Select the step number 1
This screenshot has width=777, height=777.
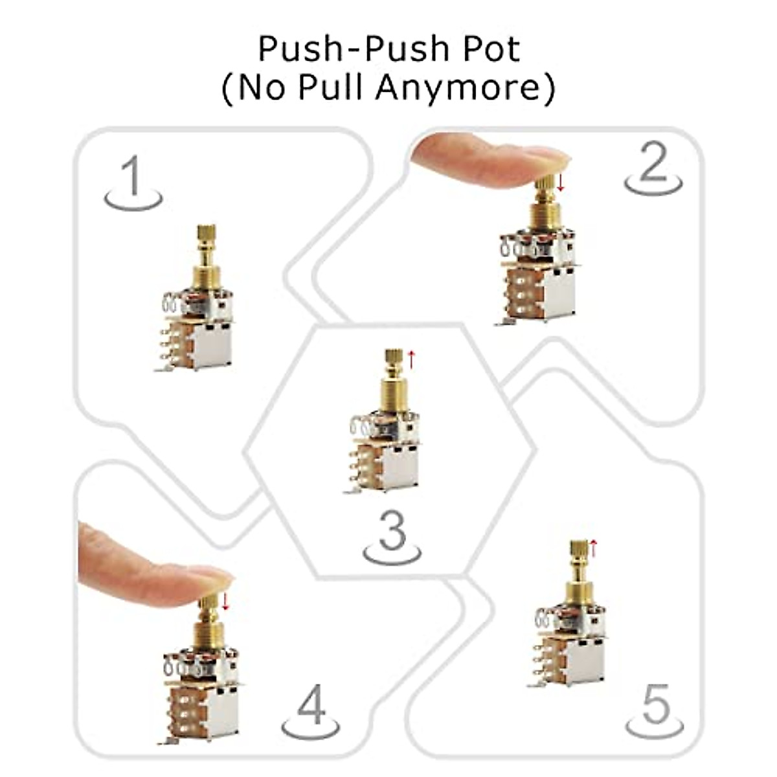coord(133,178)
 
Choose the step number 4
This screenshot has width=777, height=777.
coord(311,707)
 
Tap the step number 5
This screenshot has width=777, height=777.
coord(655,706)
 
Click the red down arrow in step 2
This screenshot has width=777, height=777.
coord(561,181)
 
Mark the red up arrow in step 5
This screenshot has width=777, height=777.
coord(594,548)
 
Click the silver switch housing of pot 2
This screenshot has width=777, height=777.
coord(557,295)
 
